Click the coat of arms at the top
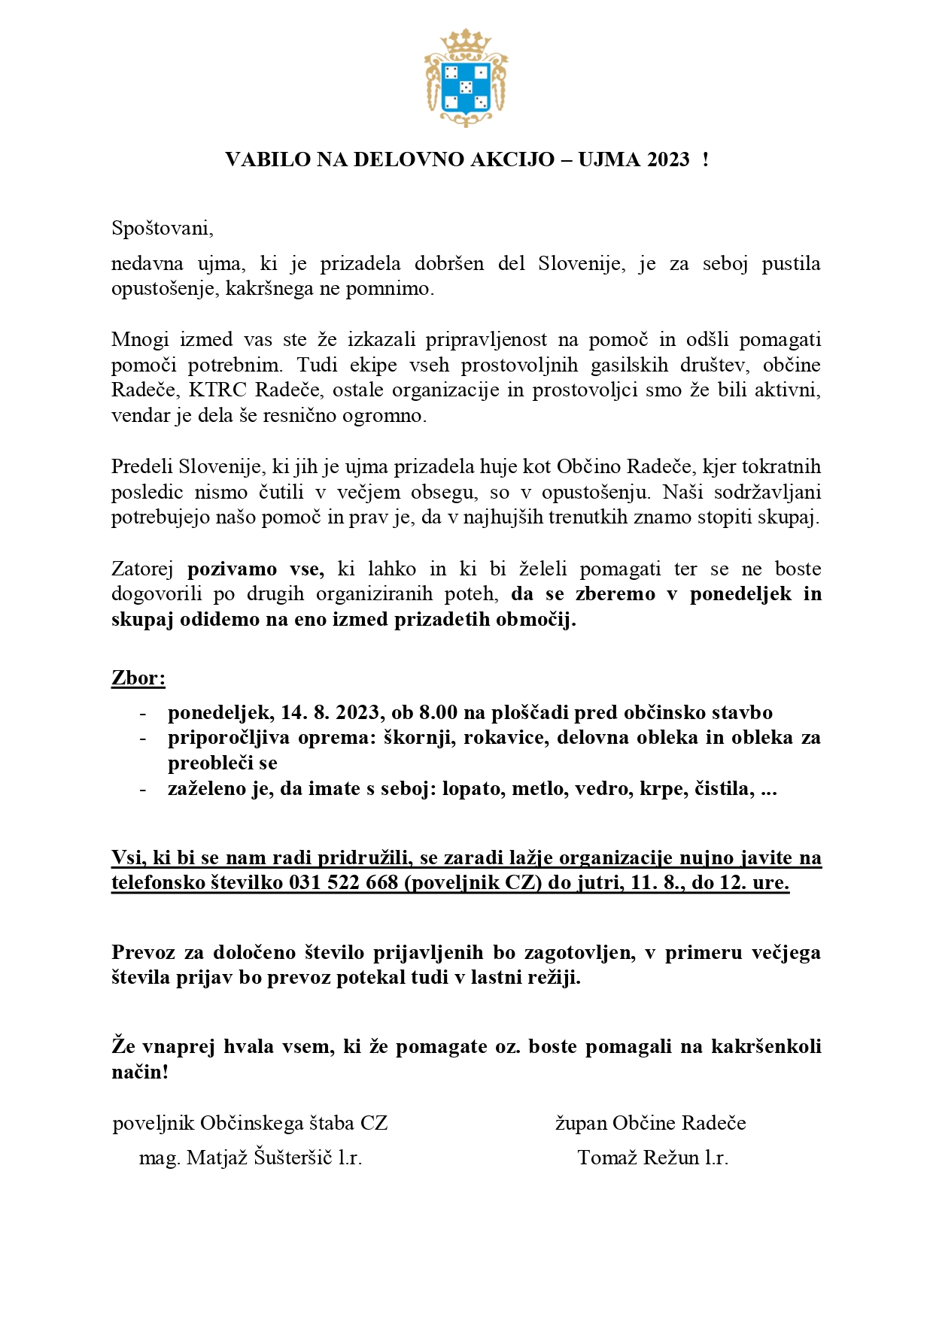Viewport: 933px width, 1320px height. [x=466, y=78]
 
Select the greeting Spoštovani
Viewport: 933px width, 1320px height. [x=162, y=228]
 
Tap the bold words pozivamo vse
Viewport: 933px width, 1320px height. [x=256, y=569]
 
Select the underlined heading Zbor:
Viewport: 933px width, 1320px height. [x=138, y=678]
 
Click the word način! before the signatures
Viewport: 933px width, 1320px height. [x=140, y=1073]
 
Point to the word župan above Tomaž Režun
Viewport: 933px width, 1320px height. [x=580, y=1124]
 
